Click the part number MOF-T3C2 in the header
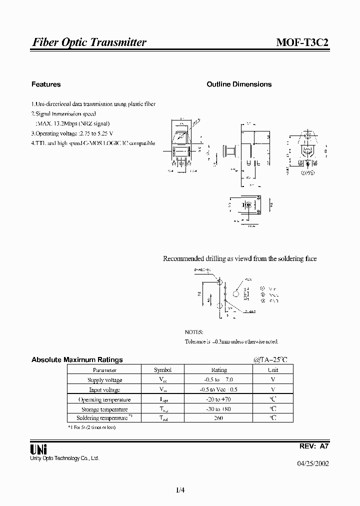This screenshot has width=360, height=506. pos(302,42)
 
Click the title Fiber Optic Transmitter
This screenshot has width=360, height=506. pos(89,42)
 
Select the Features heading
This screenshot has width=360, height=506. pos(46,84)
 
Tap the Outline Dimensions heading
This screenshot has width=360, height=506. pos(239,84)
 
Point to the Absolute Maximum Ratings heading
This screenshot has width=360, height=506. pos(77,359)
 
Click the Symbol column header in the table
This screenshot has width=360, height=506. pos(162,370)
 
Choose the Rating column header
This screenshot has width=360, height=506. pos(219,370)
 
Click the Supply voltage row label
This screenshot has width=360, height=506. pos(104,380)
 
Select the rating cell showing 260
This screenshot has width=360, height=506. pos(219,418)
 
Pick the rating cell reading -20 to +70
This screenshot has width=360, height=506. pos(219,399)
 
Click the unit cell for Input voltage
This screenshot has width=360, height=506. pos(273,389)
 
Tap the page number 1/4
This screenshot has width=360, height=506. pos(180,490)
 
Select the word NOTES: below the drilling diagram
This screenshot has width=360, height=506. pos(194,332)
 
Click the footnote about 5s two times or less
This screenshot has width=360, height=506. pos(91,427)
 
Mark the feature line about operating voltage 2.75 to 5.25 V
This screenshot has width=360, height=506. pos(72,133)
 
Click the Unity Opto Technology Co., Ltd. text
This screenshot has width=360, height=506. pos(65,458)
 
